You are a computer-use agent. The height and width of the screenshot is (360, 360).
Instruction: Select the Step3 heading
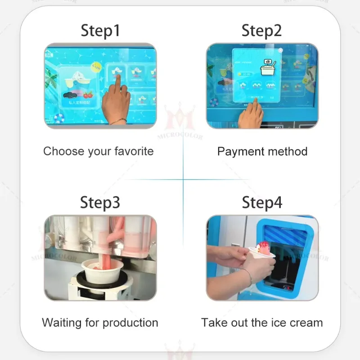coord(100,202)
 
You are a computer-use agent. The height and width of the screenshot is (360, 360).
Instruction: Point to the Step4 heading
coord(262,202)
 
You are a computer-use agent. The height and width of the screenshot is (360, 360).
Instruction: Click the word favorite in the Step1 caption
coord(131,151)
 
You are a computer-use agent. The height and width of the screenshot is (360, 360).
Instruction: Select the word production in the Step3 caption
coord(130,323)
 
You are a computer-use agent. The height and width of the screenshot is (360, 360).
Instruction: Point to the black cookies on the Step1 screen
coord(71,95)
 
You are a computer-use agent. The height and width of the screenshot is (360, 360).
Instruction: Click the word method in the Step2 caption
coord(288,152)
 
